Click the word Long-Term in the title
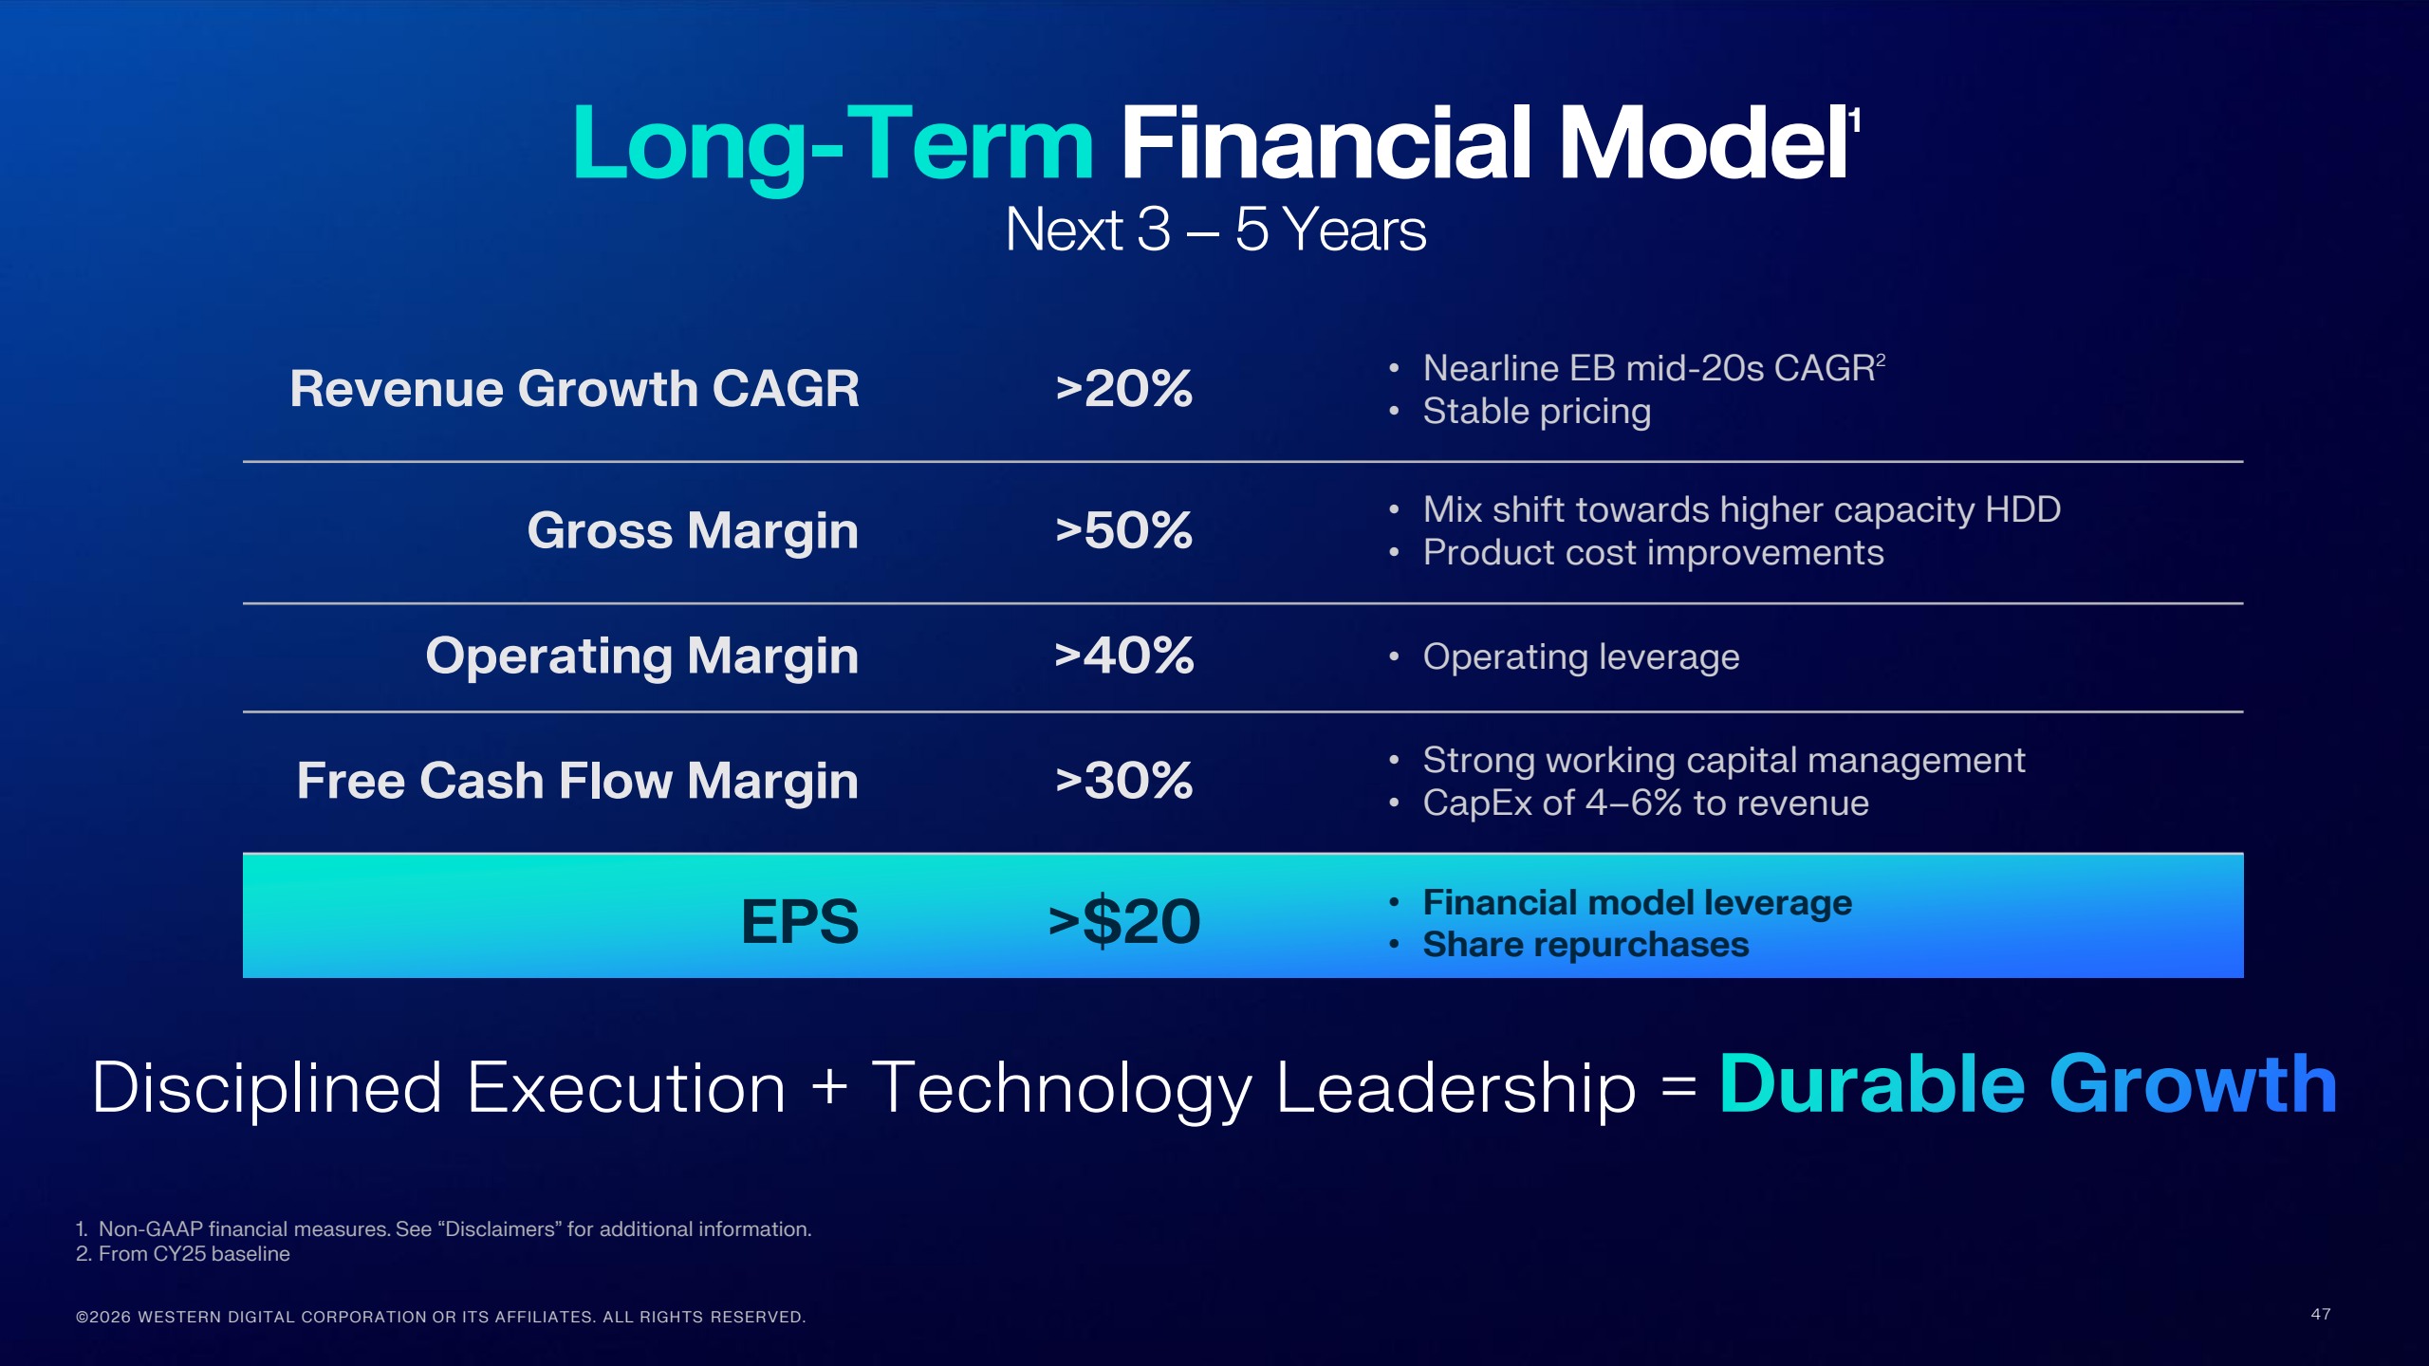click(833, 144)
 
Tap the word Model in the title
click(1703, 144)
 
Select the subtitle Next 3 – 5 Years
click(1214, 230)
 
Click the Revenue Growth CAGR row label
click(574, 389)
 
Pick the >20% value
click(1123, 389)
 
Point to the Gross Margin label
click(693, 530)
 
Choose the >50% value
click(1123, 530)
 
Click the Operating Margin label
click(641, 656)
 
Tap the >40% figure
click(1123, 656)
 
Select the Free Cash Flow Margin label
click(577, 781)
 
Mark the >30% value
click(1123, 781)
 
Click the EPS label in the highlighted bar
click(799, 921)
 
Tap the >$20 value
click(1123, 921)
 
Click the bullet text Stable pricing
click(1536, 412)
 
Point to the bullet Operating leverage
click(1581, 656)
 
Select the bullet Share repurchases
click(1585, 945)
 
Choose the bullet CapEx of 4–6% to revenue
click(1645, 803)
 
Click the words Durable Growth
click(2028, 1084)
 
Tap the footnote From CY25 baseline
click(194, 1254)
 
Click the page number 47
click(2320, 1314)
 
